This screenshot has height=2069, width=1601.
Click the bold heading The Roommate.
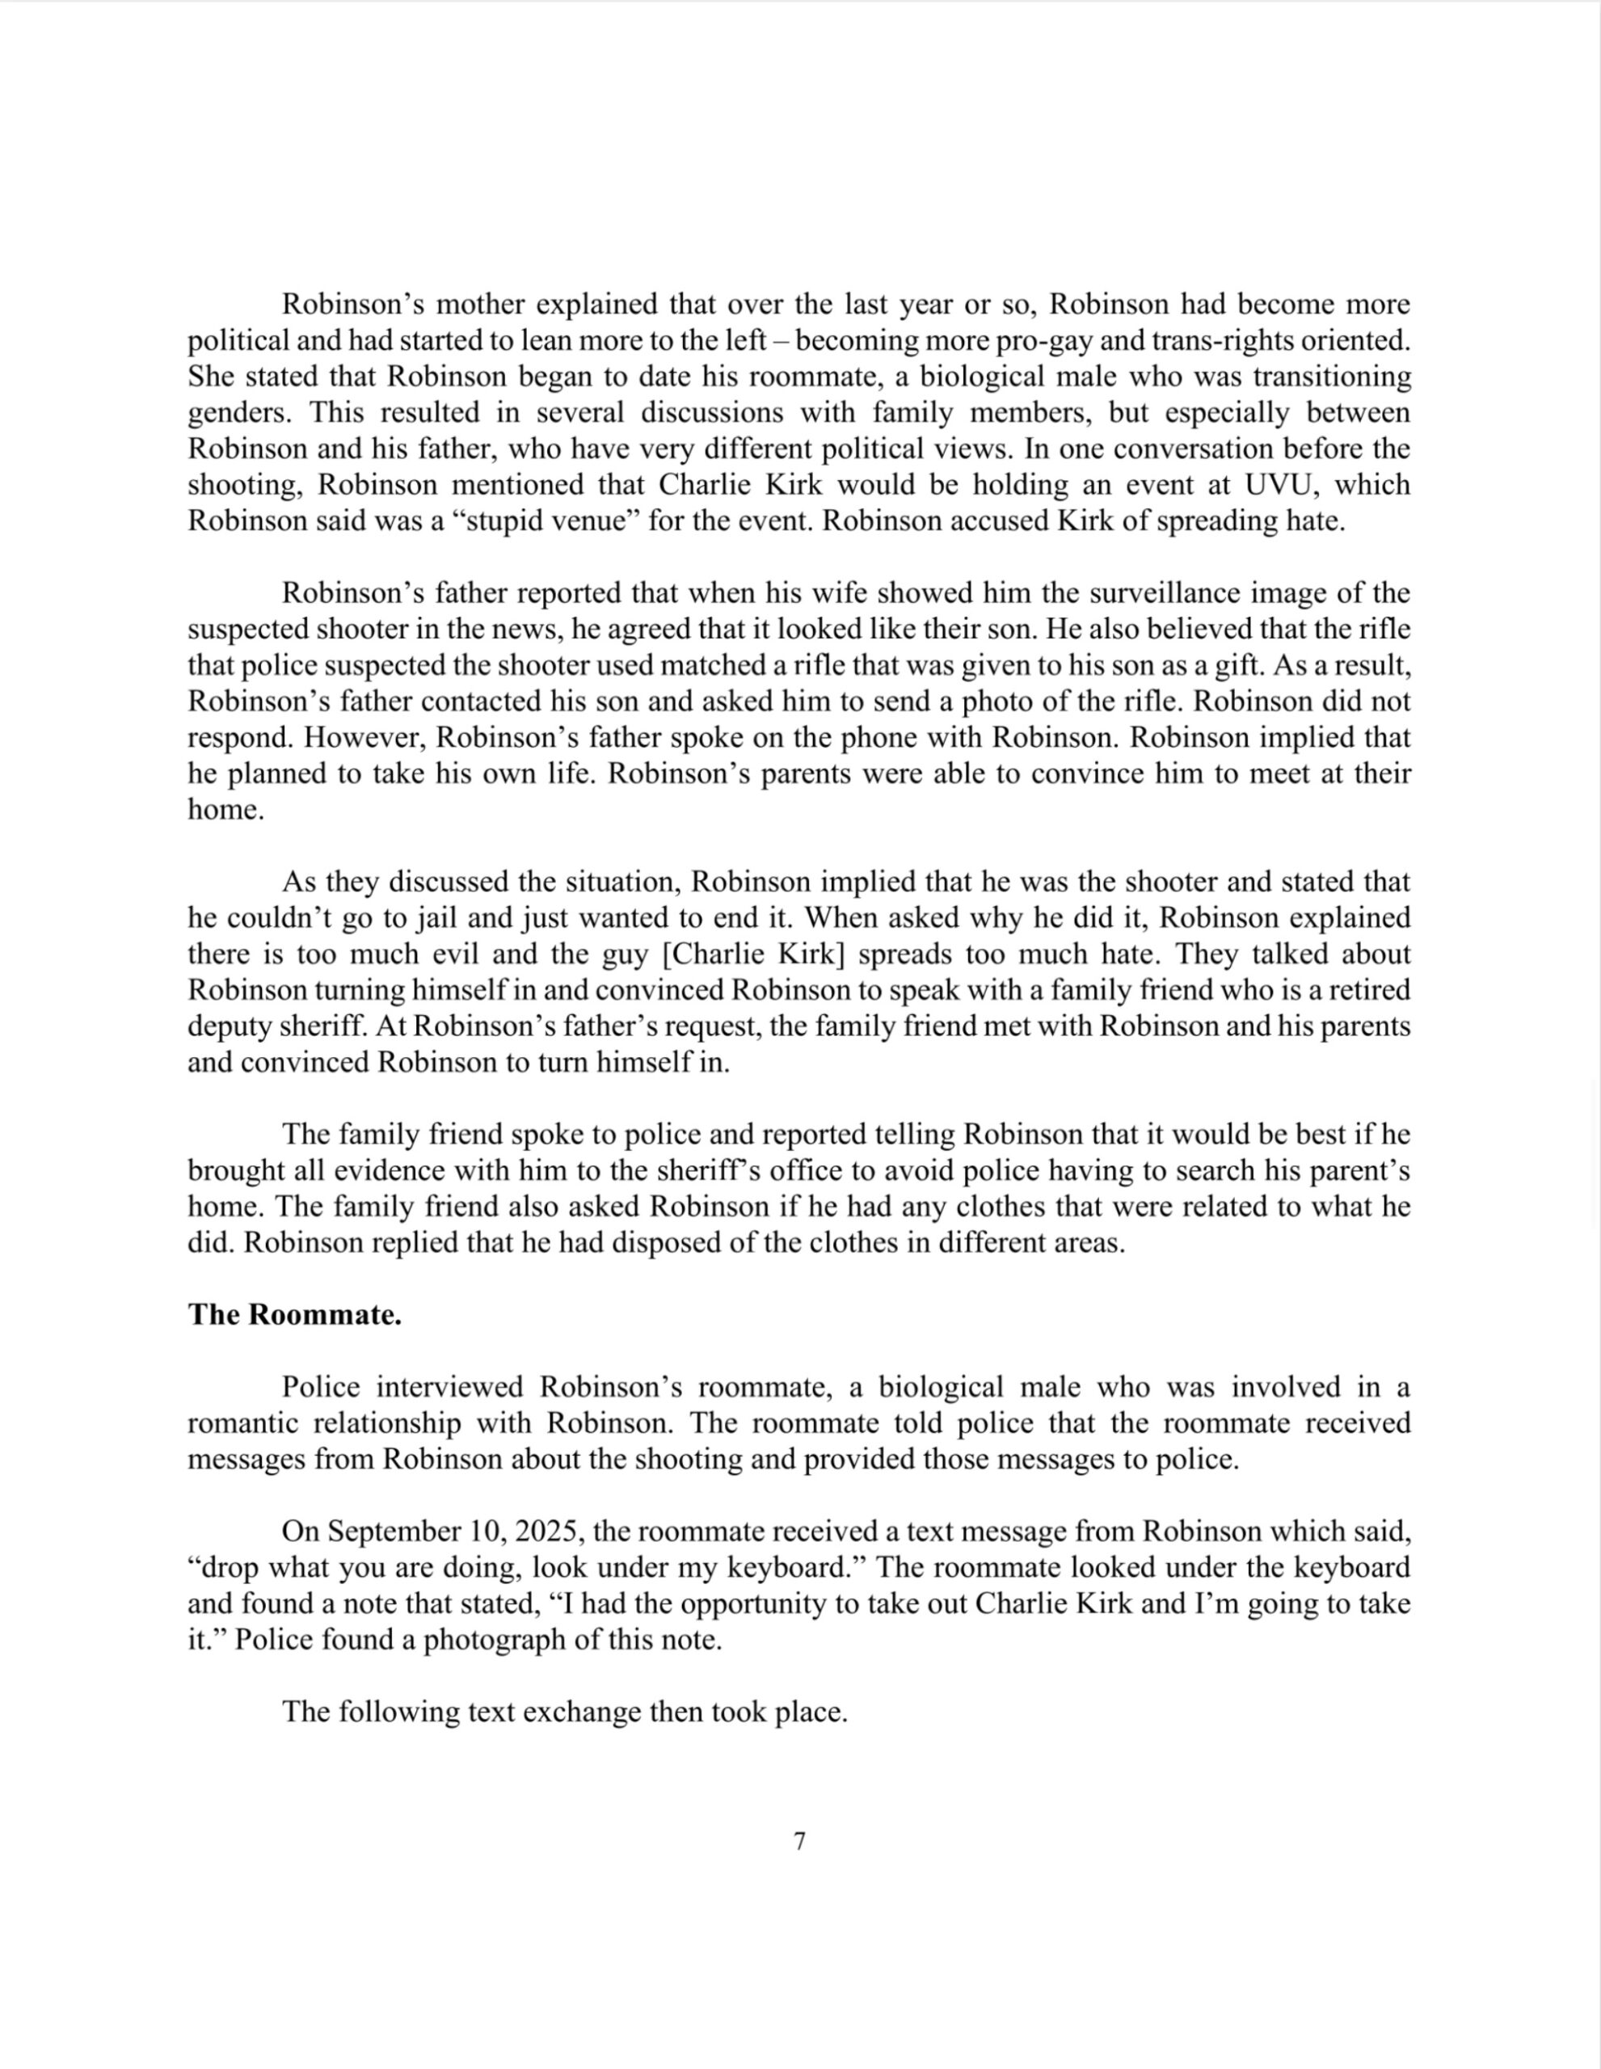[295, 1315]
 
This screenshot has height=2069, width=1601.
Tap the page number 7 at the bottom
[799, 1841]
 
